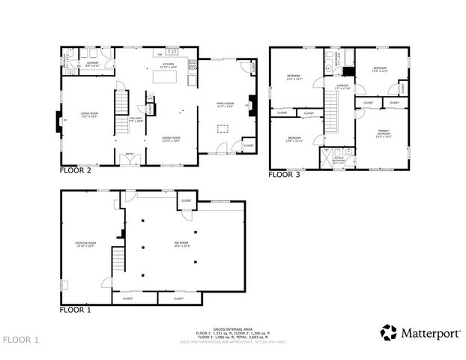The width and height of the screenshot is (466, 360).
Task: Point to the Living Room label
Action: (x=90, y=116)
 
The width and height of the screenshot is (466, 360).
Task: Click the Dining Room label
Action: (x=172, y=139)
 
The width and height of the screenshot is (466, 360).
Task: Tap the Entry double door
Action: (x=130, y=160)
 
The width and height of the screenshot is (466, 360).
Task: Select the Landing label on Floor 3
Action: (x=342, y=88)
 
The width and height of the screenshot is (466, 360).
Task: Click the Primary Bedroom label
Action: (x=384, y=134)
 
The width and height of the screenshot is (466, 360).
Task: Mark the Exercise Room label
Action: (x=84, y=244)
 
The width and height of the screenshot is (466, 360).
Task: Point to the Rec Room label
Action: (x=182, y=244)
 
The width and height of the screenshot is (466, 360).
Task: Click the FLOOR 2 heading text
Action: (x=75, y=171)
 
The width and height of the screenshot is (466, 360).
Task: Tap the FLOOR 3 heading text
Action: (x=284, y=175)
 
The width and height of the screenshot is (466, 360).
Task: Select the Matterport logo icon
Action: (x=388, y=331)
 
